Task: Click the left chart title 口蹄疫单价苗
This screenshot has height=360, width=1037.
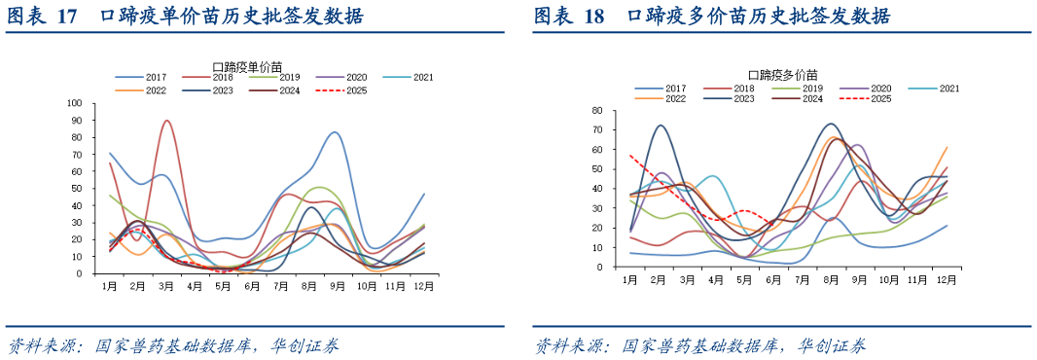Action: point(251,66)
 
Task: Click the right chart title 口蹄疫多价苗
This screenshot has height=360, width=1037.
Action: point(783,75)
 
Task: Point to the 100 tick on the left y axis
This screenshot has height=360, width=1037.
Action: point(76,102)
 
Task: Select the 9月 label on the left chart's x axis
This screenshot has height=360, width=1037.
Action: point(338,288)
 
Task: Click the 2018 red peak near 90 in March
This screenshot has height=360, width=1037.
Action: point(167,121)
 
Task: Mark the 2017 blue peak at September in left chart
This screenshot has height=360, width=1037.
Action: point(335,132)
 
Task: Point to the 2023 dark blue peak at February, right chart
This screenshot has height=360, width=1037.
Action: point(660,125)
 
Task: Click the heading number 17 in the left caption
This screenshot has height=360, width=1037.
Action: point(66,17)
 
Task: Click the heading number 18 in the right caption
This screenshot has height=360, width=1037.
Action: point(591,17)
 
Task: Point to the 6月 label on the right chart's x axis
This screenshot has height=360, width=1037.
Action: point(775,279)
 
